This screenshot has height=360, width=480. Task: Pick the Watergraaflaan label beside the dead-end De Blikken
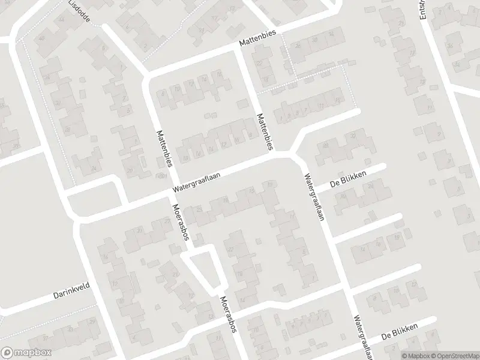(x=313, y=197)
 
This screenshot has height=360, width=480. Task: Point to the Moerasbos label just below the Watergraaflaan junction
(x=181, y=221)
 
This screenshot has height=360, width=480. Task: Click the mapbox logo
(x=26, y=353)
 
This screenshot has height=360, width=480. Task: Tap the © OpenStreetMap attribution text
(x=457, y=355)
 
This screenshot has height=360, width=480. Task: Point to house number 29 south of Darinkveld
(x=92, y=322)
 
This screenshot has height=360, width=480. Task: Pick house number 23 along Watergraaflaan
(x=199, y=208)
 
